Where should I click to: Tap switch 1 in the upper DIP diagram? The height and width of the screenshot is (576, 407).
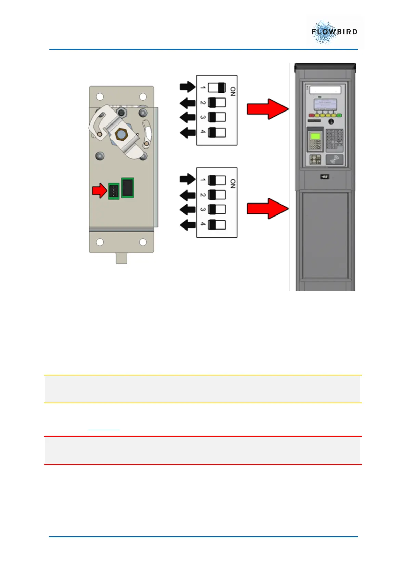point(217,88)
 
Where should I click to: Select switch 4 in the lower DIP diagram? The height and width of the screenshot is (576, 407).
point(217,225)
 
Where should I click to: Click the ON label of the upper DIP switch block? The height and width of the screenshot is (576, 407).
point(233,91)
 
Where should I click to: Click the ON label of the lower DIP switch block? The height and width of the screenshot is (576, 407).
point(233,184)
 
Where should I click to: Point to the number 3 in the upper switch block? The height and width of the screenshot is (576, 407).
point(203,117)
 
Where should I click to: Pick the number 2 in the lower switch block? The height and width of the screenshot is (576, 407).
point(203,195)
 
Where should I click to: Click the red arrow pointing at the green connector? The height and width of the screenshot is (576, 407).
point(100,191)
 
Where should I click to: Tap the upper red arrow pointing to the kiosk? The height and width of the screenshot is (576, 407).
point(267,109)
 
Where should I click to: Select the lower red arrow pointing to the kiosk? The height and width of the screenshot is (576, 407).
point(267,208)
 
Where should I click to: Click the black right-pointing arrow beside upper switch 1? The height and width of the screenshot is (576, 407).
point(187,87)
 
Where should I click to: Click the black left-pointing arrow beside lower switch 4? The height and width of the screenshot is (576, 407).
point(187,225)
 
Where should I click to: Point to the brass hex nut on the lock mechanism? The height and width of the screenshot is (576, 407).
point(120,134)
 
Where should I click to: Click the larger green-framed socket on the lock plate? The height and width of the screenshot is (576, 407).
point(128,187)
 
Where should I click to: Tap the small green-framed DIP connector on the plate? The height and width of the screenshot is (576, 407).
point(114,191)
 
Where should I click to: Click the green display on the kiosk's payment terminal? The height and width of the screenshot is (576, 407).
point(315,136)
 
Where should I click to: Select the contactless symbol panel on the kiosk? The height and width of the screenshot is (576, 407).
point(334,159)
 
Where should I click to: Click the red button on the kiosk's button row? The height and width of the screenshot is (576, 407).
point(312,116)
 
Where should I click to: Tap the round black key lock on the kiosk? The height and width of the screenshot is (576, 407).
point(331,121)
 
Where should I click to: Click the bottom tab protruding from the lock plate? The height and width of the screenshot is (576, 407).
point(121,258)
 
